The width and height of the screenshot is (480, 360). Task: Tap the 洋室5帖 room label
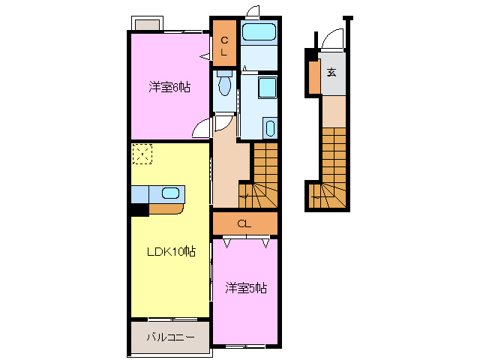point(247,287)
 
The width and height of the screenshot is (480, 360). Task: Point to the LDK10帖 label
point(170,251)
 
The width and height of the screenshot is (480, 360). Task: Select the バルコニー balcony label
point(170,337)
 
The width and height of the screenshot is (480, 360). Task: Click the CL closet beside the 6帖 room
point(224,41)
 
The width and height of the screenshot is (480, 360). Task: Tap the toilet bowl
point(223,83)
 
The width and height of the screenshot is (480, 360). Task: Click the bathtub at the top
point(260,32)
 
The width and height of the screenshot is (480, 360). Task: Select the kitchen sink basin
point(171,193)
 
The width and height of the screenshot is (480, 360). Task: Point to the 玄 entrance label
point(331,73)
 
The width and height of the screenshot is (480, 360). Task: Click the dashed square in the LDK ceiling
point(142,154)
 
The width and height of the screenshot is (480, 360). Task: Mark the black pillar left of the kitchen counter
point(139,210)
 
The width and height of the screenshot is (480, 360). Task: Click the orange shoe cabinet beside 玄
point(313,73)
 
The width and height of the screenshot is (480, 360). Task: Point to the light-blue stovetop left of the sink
point(140,194)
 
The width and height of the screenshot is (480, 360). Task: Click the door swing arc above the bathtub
point(253,11)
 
